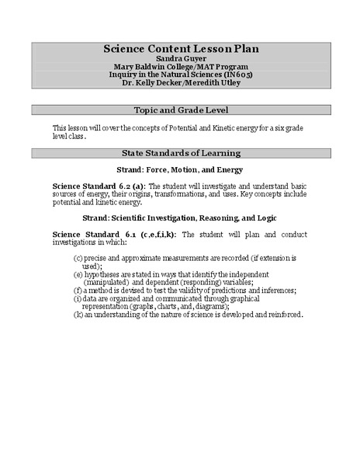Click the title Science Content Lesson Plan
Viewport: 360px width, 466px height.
(x=181, y=49)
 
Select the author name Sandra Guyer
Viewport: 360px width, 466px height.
(x=181, y=58)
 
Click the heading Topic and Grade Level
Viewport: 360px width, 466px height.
(x=181, y=110)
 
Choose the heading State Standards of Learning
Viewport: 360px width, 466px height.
(x=181, y=153)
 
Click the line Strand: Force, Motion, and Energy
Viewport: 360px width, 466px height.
(x=181, y=169)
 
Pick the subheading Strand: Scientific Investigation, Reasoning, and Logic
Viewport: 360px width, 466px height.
(x=181, y=217)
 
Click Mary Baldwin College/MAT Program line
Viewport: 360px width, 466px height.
(x=181, y=66)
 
